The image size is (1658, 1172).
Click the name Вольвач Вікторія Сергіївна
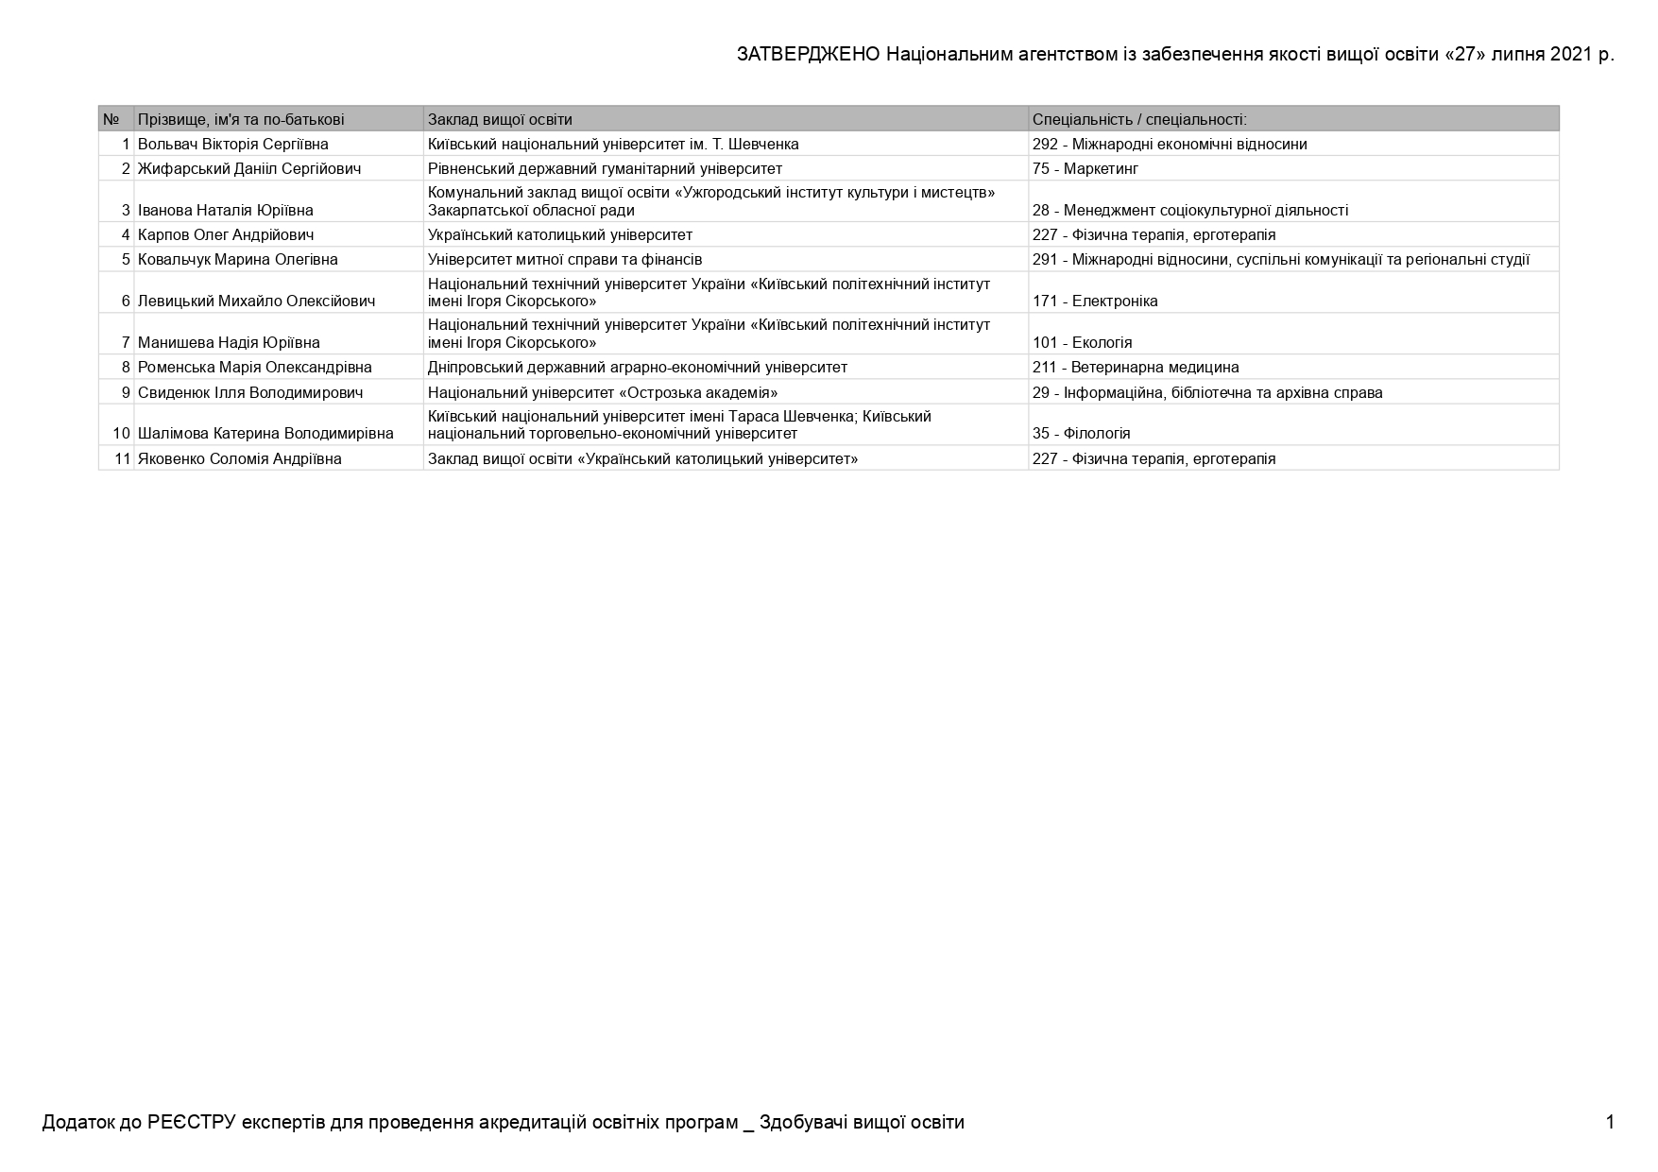coord(232,145)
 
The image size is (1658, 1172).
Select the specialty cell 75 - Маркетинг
coord(1085,169)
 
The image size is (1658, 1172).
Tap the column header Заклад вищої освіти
coord(500,120)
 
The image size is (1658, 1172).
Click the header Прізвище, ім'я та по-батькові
coord(241,120)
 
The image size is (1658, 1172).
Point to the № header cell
coord(111,120)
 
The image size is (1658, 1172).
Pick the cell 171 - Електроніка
coord(1094,302)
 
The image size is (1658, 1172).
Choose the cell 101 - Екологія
coord(1082,343)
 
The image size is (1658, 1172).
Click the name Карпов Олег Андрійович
coord(226,235)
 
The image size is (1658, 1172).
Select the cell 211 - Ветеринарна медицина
coord(1135,368)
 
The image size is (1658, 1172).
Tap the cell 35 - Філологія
coord(1081,434)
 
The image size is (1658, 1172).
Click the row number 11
coord(122,459)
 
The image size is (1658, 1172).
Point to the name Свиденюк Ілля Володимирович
coord(249,393)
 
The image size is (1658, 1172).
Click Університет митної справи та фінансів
coord(564,260)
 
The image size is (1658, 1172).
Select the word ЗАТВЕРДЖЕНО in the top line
coord(809,55)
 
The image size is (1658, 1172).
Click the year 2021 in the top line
coord(1570,55)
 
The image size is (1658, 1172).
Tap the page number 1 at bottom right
coord(1610,1123)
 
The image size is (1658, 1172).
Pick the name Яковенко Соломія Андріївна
coord(239,459)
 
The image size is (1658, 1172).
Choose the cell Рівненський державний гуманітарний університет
coord(605,169)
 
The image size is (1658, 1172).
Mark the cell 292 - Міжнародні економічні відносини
coord(1169,145)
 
